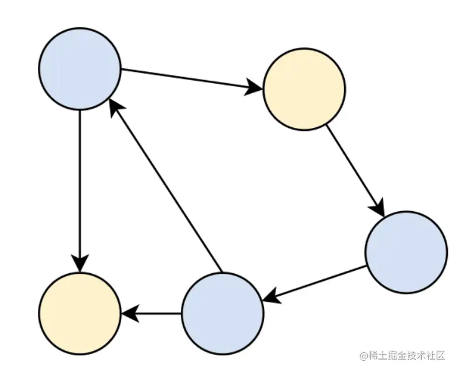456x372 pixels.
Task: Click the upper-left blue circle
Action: (80, 69)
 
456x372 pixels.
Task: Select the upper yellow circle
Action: (304, 89)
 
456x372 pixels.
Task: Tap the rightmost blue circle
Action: (406, 252)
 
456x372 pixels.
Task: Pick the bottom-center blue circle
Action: (222, 314)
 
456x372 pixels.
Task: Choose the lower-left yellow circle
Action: (80, 314)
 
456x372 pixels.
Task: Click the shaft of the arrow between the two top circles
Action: (186, 78)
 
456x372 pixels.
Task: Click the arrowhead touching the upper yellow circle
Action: (255, 87)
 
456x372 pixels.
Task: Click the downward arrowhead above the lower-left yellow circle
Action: (80, 263)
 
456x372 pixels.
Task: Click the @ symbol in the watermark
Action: (364, 356)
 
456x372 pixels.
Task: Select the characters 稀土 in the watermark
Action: (378, 356)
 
